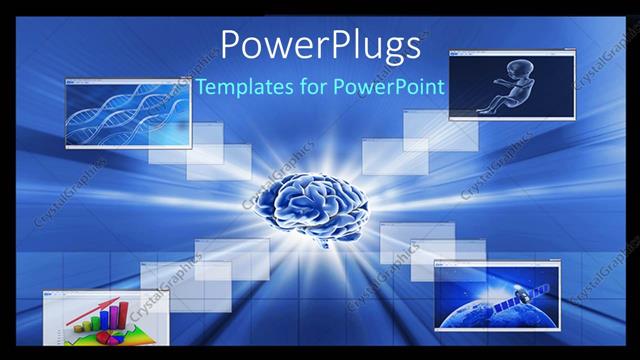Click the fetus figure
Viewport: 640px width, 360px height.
[x=507, y=89]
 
